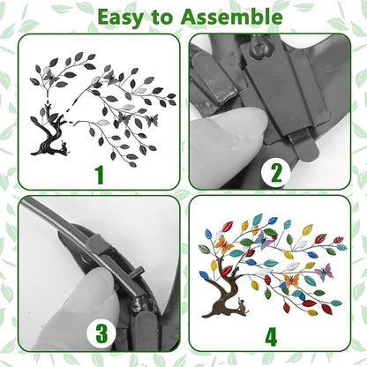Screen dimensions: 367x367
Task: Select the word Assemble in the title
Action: tap(232, 17)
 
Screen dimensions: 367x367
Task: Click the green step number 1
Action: tap(101, 176)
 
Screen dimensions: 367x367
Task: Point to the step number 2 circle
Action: tap(275, 174)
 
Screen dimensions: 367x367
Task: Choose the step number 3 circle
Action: tap(101, 334)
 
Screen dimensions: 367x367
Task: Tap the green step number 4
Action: tap(271, 337)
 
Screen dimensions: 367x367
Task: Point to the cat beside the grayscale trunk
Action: tap(65, 147)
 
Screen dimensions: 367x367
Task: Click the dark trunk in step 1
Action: tap(49, 134)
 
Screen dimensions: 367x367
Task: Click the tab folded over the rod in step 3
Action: tap(97, 245)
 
